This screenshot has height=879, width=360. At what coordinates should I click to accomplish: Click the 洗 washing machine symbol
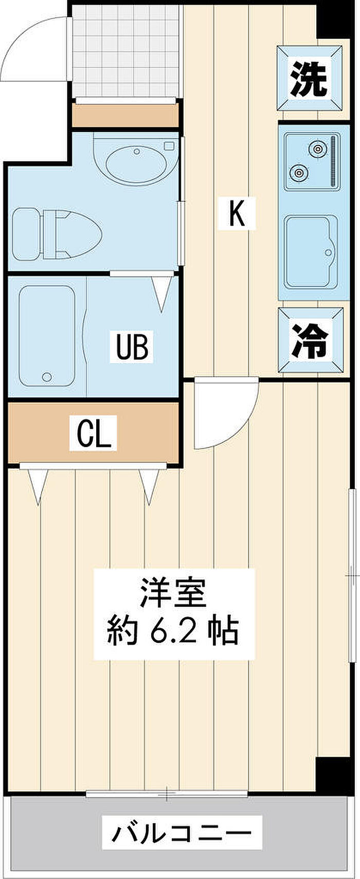coord(310,78)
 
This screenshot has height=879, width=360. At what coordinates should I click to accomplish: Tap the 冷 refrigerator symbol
coord(310,340)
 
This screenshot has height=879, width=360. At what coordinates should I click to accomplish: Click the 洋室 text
coord(173,593)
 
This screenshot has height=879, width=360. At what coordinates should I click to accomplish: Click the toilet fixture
coord(57,234)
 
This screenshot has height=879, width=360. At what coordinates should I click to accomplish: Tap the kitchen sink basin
coord(311,251)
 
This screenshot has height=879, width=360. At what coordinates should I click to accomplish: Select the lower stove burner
coord(298,172)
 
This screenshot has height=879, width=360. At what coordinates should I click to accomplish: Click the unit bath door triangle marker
coord(161,292)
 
